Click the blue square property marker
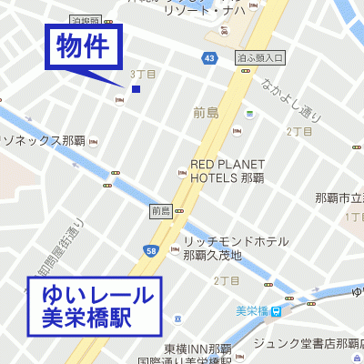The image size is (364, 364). tap(136, 89)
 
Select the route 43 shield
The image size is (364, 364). tap(209, 58)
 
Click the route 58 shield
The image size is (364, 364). tap(150, 249)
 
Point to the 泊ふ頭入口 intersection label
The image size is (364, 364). tap(260, 57)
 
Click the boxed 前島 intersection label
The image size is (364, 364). tap(161, 211)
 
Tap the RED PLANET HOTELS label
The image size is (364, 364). tap(227, 171)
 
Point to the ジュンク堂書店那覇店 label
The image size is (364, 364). tap(307, 343)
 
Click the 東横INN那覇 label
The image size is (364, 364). tap(197, 349)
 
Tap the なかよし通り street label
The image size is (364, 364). tap(289, 100)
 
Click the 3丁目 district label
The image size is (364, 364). tap(144, 73)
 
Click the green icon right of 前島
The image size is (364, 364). tap(249, 115)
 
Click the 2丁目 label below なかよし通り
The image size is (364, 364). tap(299, 132)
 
